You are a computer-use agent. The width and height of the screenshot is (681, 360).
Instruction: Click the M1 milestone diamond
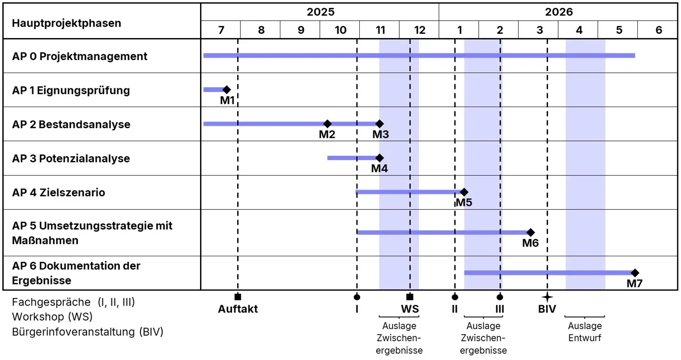[x=226, y=90]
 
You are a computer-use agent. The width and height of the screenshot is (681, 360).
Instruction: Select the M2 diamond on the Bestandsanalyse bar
[x=327, y=124]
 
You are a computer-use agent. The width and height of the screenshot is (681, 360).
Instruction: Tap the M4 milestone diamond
[x=379, y=158]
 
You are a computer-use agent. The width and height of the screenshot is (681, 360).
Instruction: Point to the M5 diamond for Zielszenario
[x=464, y=192]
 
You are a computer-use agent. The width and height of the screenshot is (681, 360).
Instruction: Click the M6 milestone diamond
[x=531, y=232]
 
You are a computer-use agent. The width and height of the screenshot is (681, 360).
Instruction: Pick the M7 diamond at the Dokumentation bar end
[x=635, y=273]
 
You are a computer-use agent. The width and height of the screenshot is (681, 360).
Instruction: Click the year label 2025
[x=321, y=12]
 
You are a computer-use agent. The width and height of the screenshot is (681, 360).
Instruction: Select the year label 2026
[x=559, y=12]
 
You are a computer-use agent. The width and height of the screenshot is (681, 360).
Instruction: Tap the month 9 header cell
[x=301, y=30]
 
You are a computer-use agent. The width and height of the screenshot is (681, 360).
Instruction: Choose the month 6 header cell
[x=658, y=30]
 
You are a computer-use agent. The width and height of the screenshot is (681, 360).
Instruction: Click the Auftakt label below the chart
[x=238, y=309]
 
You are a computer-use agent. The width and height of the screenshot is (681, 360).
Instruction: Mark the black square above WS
[x=410, y=297]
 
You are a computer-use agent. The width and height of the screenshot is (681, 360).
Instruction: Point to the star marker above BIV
[x=547, y=297]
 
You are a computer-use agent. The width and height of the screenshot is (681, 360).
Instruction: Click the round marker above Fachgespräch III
[x=500, y=297]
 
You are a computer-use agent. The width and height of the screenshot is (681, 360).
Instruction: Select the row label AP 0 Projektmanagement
[x=80, y=56]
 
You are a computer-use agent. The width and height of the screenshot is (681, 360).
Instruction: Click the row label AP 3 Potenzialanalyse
[x=71, y=159]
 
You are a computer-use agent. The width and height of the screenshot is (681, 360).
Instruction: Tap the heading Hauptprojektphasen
[x=66, y=23]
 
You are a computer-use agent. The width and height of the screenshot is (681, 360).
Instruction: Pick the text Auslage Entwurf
[x=585, y=332]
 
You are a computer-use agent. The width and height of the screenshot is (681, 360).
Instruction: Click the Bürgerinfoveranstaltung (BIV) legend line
[x=88, y=332]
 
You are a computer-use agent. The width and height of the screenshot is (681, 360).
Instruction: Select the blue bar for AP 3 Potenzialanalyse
[x=352, y=158]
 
